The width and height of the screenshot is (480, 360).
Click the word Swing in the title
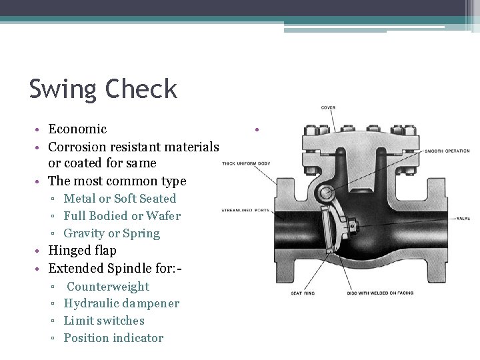62,89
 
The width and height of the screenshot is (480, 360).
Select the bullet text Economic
77,129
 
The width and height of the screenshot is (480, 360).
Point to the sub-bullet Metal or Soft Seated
120,198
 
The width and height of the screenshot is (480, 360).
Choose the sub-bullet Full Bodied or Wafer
122,215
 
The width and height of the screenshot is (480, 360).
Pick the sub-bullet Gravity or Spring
112,233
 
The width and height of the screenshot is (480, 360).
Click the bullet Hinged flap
83,251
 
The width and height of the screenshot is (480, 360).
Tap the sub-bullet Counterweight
108,286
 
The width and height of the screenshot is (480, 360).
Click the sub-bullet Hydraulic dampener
121,303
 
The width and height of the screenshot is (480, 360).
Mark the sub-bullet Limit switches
104,321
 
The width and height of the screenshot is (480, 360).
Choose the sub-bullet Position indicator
113,338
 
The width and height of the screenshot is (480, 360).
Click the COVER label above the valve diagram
328,107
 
